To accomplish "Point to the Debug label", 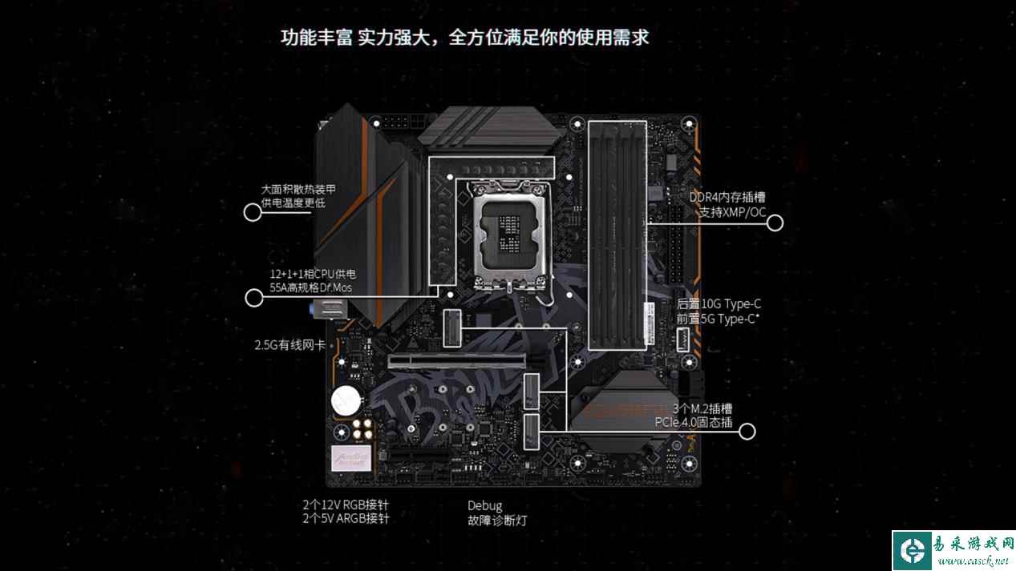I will [x=484, y=505].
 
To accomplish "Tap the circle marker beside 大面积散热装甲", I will [x=253, y=212].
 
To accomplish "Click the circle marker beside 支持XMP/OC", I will [x=775, y=223].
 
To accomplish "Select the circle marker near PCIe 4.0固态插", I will [x=747, y=432].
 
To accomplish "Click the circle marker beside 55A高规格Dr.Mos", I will [x=254, y=299].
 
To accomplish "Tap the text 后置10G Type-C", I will [x=718, y=304].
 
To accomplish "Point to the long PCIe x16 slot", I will [x=457, y=361].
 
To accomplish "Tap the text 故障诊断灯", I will [x=497, y=521].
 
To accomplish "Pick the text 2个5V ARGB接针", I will [x=346, y=519].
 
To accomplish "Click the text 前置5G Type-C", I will [x=717, y=319].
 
